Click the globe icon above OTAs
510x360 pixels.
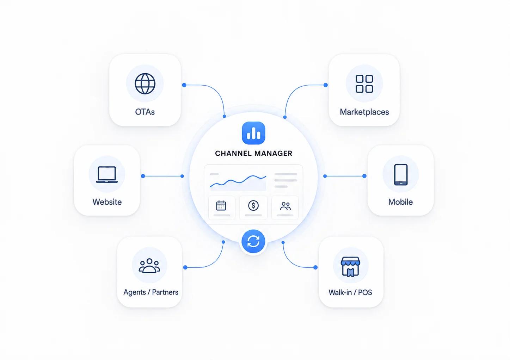[145, 83]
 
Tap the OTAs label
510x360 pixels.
[145, 112]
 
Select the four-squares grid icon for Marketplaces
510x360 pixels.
[364, 84]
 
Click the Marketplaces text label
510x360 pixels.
[364, 112]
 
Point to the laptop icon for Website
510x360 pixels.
[107, 174]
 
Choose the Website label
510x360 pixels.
[107, 202]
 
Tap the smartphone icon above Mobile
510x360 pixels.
[401, 174]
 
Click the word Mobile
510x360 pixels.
[400, 202]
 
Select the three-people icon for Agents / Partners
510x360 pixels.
[149, 266]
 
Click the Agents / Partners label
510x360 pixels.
[151, 292]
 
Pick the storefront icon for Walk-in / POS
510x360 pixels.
[350, 266]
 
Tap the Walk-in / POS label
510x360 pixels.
[350, 292]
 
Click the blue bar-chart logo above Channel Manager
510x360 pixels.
[253, 133]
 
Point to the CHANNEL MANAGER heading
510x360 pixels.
[254, 153]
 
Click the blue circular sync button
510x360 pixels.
[253, 241]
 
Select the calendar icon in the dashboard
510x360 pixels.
[221, 205]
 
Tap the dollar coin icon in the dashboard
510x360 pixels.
[253, 205]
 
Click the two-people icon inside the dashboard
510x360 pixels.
[285, 206]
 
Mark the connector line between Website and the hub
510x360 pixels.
[162, 176]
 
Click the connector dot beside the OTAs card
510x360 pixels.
[184, 85]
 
